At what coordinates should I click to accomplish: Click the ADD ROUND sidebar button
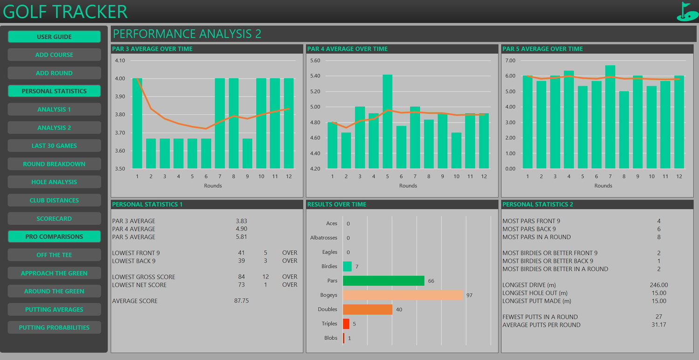coord(55,73)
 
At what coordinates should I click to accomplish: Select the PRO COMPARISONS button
coord(55,237)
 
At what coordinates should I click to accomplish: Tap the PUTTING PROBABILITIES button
coord(55,327)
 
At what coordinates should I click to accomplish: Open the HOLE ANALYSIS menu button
coord(55,182)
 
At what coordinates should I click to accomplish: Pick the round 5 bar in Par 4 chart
coord(387,122)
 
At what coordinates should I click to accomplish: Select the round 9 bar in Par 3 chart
coord(247,154)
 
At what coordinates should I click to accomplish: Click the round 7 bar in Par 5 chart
coord(610,117)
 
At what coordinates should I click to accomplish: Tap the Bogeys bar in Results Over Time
coord(403,295)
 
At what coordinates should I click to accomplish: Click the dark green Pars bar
coord(384,281)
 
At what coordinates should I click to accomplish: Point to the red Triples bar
coord(346,324)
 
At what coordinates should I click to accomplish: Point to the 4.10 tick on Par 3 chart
coord(120,61)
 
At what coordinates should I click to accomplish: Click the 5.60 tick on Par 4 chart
coord(315,61)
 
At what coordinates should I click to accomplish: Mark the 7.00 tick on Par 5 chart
coord(510,61)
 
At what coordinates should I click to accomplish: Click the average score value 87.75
coord(241,301)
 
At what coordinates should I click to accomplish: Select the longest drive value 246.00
coord(659,285)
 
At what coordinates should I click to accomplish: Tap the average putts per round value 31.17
coord(659,325)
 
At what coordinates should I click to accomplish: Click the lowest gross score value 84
coord(241,277)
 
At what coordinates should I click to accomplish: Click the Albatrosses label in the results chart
coord(323,238)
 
